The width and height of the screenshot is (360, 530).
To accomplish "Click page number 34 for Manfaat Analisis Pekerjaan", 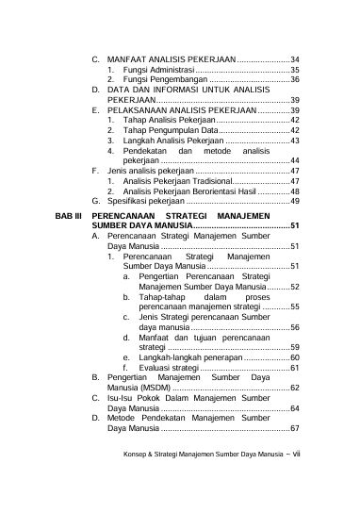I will click(293, 59).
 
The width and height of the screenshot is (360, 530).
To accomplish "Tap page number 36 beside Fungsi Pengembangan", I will click(294, 80).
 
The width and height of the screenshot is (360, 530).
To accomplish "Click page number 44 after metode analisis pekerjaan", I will click(295, 161).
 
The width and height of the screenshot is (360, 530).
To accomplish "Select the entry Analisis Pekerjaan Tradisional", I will click(176, 181).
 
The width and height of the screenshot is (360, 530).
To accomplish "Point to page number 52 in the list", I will click(295, 287).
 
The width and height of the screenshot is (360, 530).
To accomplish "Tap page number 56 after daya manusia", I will click(295, 327).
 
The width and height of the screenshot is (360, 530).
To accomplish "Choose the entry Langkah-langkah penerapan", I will click(189, 357).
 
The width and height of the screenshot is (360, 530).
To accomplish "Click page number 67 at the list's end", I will click(295, 429).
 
